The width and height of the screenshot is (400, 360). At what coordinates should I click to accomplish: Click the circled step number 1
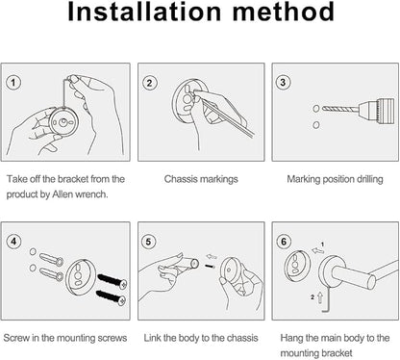(x=13, y=83)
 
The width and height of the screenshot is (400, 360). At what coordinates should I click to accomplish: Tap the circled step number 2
(x=149, y=83)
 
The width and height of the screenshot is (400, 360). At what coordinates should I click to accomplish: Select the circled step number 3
(x=283, y=83)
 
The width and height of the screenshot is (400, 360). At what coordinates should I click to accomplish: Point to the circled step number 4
(x=13, y=241)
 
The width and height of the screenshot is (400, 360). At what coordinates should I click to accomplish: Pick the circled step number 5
(x=148, y=242)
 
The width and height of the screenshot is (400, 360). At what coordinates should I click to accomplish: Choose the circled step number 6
(x=284, y=242)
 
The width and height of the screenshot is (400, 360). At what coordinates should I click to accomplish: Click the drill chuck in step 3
(x=376, y=111)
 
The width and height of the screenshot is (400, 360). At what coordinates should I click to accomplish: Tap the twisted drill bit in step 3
(x=339, y=109)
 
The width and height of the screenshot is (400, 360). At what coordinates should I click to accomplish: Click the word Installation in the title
(x=144, y=12)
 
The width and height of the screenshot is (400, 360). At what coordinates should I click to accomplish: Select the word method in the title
(x=284, y=12)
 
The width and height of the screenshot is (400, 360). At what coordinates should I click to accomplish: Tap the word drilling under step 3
(x=370, y=179)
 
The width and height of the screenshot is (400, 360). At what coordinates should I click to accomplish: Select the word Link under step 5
(x=152, y=338)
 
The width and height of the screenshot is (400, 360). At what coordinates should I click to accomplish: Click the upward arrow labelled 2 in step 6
(x=320, y=297)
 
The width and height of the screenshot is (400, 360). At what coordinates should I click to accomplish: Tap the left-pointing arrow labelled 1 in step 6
(x=317, y=250)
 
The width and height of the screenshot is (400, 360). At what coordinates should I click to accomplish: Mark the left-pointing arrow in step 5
(x=212, y=257)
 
